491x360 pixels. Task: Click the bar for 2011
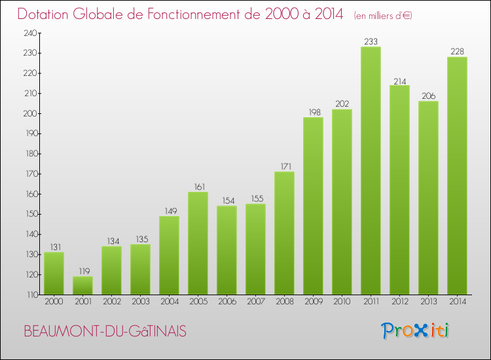[371, 170]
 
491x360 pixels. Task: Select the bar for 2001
[82, 285]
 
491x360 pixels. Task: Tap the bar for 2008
[284, 233]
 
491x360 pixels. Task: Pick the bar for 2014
[457, 175]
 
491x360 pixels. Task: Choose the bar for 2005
[198, 243]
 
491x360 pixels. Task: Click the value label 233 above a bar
[371, 42]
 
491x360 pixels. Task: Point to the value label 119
[82, 272]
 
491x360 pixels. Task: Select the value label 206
[428, 96]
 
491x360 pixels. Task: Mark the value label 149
[169, 211]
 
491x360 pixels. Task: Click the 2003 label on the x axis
[140, 302]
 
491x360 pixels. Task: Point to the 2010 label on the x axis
[342, 302]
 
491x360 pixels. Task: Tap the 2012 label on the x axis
[399, 302]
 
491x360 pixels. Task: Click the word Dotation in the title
[46, 14]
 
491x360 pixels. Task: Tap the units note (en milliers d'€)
[383, 15]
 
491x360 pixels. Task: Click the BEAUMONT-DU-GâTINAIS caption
[105, 332]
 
